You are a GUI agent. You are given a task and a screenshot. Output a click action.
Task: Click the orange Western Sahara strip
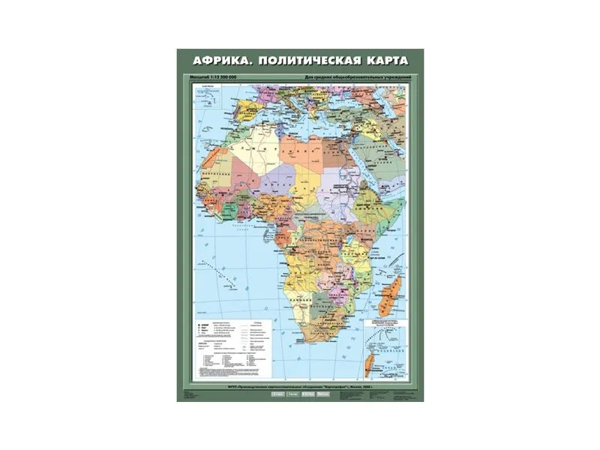click(213, 157)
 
